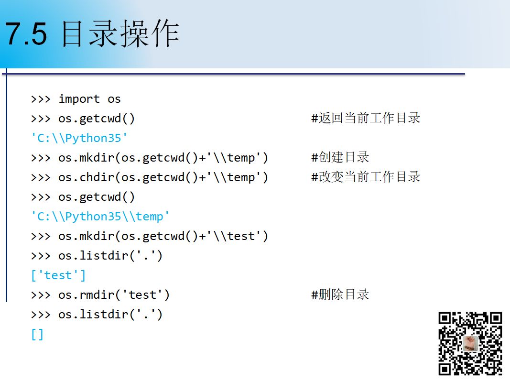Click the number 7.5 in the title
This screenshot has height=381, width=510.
coord(26,34)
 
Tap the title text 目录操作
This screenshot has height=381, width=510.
coord(120,33)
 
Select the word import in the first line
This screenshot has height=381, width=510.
coord(79,99)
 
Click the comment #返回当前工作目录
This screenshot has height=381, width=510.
coord(366,118)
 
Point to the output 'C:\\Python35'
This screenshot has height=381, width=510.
coord(79,138)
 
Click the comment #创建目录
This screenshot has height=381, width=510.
coord(340,157)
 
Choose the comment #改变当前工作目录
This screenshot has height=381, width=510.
coord(366,177)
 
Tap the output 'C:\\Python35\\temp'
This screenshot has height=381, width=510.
coord(100,217)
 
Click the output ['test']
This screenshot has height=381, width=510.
coord(58,275)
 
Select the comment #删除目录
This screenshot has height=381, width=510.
coord(340,294)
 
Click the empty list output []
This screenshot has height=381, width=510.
coord(37,334)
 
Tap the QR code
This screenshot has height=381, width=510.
coord(470,344)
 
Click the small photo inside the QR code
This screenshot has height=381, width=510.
coord(470,344)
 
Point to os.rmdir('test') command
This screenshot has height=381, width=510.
coord(114,295)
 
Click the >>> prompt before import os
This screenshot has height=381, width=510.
coord(41,99)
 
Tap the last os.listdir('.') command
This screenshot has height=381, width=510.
coord(110,315)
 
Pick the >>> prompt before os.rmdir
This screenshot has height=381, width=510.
coord(41,295)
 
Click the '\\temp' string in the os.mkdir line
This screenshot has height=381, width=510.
coord(234,157)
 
